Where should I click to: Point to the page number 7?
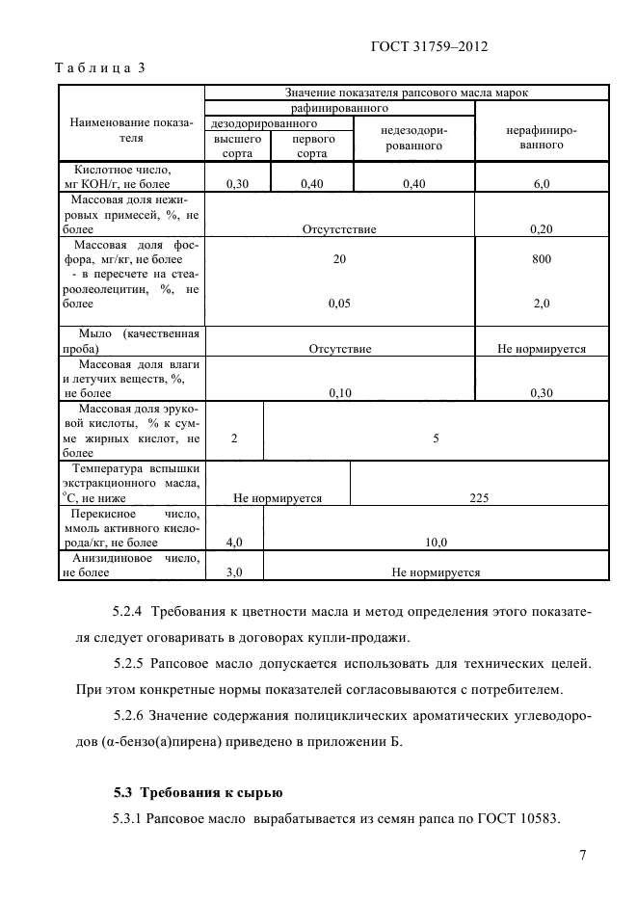pos(583,855)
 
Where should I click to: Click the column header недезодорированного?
pos(414,137)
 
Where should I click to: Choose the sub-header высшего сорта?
pos(237,146)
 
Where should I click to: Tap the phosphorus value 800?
pos(541,259)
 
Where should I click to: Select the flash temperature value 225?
pos(479,498)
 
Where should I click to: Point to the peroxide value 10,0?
pos(436,543)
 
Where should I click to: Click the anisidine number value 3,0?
pos(234,571)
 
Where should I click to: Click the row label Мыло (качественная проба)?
pos(131,341)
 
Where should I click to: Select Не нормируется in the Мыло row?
pos(541,349)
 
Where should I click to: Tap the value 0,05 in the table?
pos(339,304)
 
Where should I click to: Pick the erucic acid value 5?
pos(436,438)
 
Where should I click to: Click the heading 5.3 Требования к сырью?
pos(198,793)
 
